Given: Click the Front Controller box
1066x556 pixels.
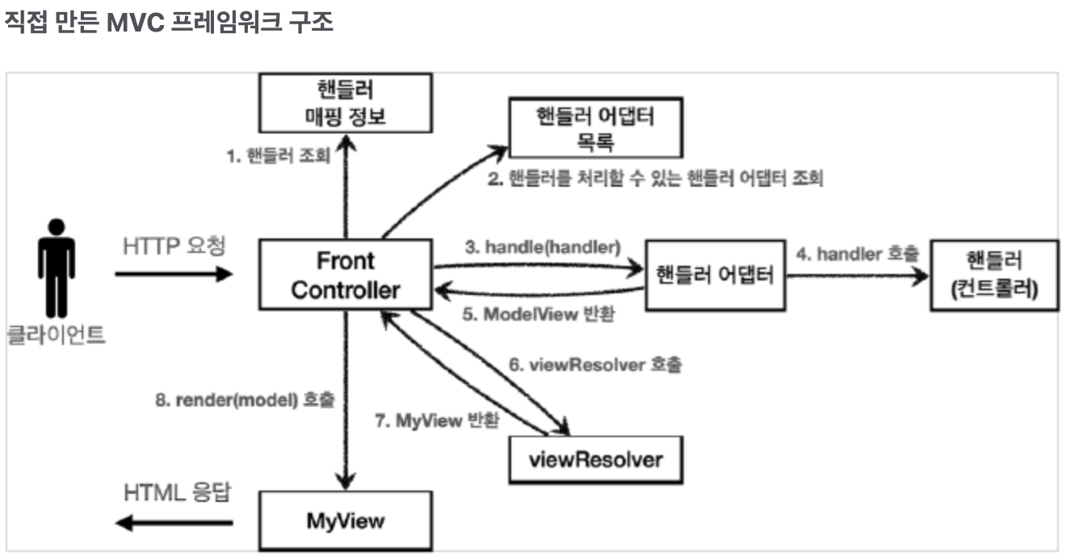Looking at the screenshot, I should tap(345, 275).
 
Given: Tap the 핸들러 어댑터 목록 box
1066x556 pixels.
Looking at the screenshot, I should tap(595, 128).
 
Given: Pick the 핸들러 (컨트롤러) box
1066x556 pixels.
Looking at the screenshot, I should tap(994, 275).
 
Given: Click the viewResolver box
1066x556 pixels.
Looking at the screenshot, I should tap(595, 460).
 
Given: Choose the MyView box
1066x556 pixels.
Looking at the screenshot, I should tap(345, 520).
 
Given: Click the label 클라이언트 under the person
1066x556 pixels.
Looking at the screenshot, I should tap(57, 334).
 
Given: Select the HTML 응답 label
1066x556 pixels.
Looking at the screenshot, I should tap(177, 493).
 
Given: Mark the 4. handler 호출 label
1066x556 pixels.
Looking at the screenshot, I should tap(858, 254).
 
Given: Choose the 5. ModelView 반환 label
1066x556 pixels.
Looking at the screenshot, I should tap(538, 314).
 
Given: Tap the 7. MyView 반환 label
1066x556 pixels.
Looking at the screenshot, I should tap(438, 420).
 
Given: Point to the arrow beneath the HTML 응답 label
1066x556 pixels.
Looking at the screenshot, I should tap(174, 523).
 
